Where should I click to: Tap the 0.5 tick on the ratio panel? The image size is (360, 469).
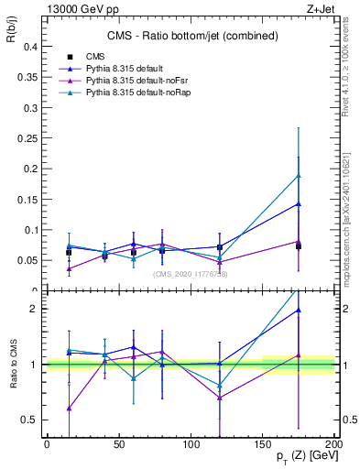pos(29,420)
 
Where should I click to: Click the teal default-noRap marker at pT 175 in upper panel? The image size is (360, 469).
pos(299,176)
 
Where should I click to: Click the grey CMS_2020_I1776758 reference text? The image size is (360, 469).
pos(191,274)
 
